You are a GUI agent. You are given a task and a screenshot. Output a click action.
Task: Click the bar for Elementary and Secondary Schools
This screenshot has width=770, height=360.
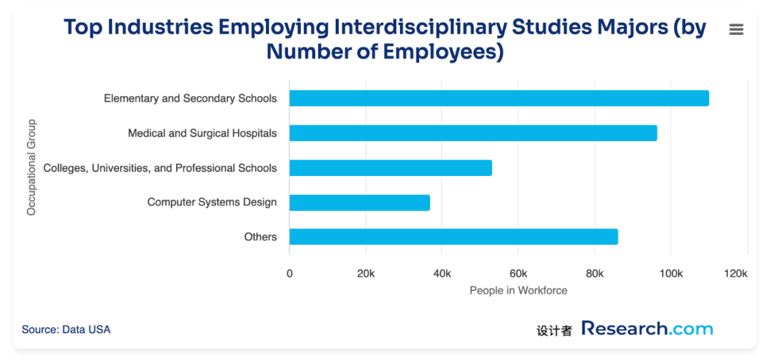pyautogui.click(x=499, y=98)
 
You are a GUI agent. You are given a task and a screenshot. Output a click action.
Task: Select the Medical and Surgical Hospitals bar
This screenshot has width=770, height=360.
pyautogui.click(x=473, y=133)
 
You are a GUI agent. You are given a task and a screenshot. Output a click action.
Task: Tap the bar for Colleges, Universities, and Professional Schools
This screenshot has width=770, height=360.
pyautogui.click(x=391, y=168)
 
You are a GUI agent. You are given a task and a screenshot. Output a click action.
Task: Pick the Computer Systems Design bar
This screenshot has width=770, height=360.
pyautogui.click(x=359, y=202)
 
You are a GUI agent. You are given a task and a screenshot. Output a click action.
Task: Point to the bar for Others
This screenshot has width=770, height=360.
pyautogui.click(x=453, y=237)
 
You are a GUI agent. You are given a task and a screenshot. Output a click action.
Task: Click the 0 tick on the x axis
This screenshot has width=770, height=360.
pyautogui.click(x=289, y=274)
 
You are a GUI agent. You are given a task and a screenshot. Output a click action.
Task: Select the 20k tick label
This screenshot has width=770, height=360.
pyautogui.click(x=365, y=274)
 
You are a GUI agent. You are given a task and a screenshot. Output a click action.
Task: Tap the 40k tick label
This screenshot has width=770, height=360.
pyautogui.click(x=441, y=274)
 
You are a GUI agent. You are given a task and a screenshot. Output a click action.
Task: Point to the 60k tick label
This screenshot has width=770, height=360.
pyautogui.click(x=518, y=274)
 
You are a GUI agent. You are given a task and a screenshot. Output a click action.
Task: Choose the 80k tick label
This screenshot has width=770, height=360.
pyautogui.click(x=594, y=274)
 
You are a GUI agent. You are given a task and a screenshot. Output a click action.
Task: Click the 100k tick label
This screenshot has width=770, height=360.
pyautogui.click(x=670, y=274)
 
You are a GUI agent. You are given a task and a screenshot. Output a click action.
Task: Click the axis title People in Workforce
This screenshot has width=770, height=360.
pyautogui.click(x=518, y=291)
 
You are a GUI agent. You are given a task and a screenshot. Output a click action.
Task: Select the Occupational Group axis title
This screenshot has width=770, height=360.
pyautogui.click(x=31, y=168)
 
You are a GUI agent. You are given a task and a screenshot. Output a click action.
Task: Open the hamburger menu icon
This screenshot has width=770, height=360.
pyautogui.click(x=736, y=29)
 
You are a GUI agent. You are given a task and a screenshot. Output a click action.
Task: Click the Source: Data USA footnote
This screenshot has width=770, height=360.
pyautogui.click(x=66, y=329)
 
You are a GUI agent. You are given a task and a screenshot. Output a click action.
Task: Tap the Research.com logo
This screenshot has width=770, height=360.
pyautogui.click(x=647, y=329)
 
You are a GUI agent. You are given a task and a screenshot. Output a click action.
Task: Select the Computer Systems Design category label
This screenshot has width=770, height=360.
pyautogui.click(x=212, y=202)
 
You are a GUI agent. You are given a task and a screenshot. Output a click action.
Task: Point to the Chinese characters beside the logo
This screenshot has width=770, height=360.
pyautogui.click(x=554, y=331)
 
